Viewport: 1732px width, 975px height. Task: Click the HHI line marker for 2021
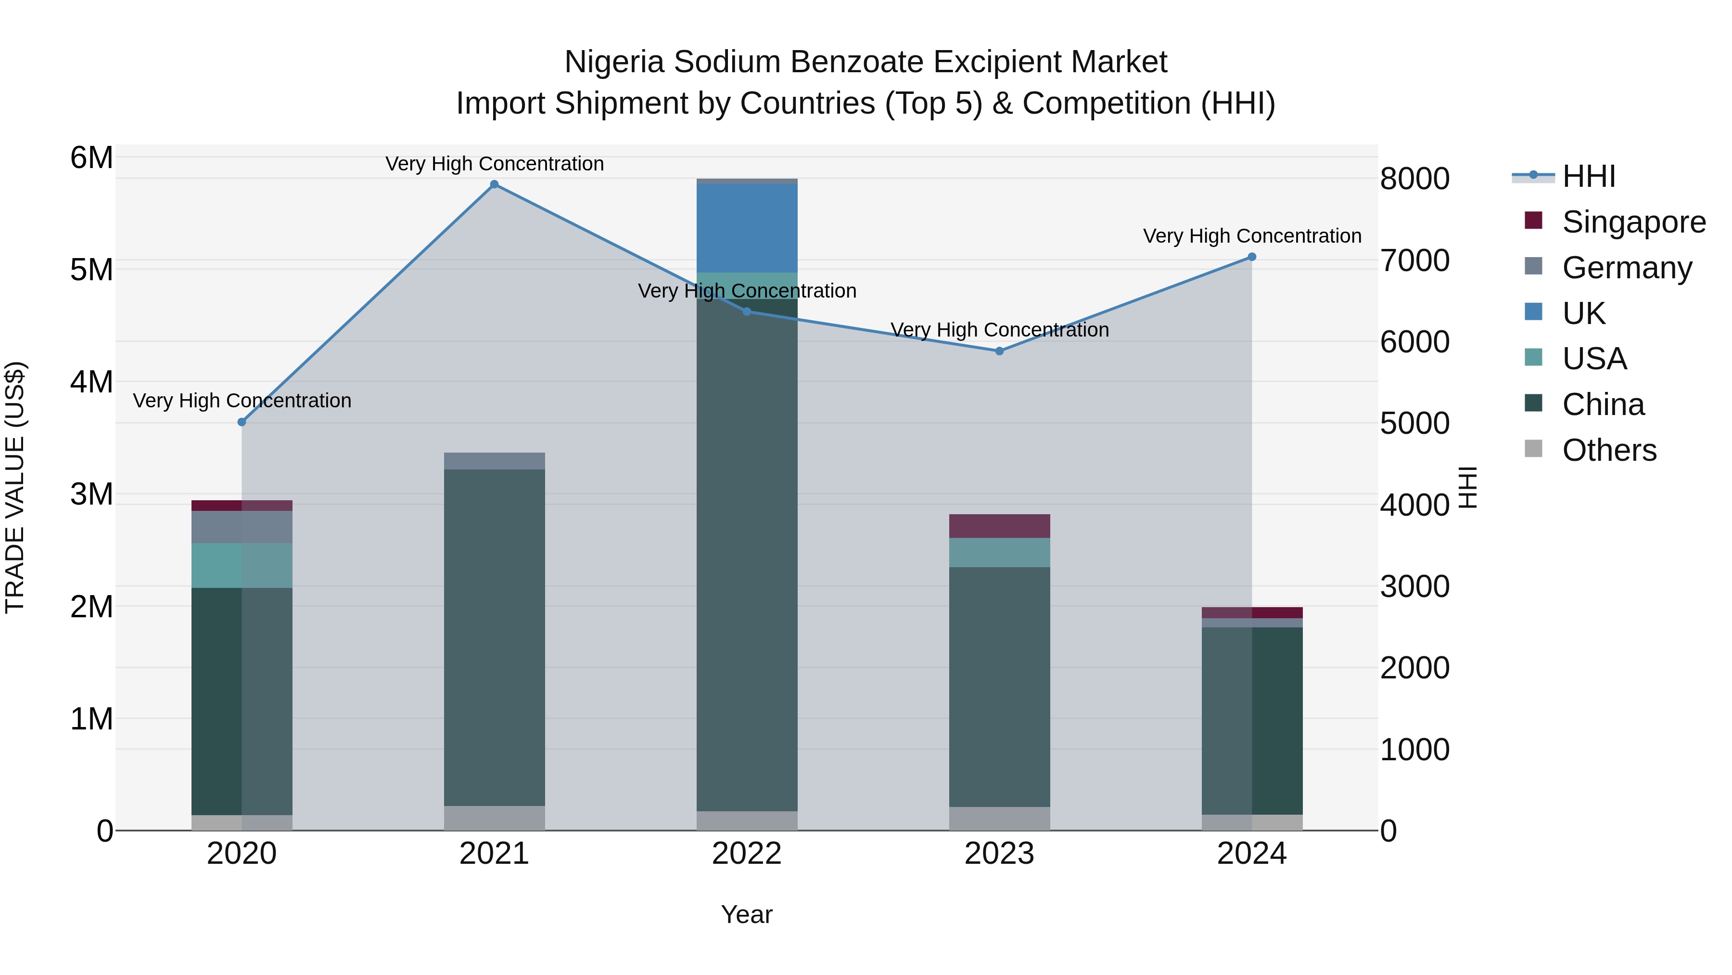(494, 184)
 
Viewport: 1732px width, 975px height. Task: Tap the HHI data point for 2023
(999, 351)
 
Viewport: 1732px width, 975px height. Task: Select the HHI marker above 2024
(1252, 257)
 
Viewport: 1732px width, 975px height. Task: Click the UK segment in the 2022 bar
(747, 229)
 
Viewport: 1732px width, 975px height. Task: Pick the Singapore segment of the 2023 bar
(999, 526)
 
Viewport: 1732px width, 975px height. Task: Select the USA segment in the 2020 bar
(242, 565)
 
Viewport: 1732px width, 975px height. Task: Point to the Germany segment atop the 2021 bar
(494, 461)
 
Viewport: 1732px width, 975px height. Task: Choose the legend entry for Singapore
(1633, 222)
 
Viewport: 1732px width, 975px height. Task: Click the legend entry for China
(1603, 404)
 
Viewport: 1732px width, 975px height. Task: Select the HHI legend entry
(1588, 176)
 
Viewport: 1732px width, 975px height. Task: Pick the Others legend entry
(1609, 450)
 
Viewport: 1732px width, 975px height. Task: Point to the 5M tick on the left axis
(91, 270)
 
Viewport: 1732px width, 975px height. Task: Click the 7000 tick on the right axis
(1414, 260)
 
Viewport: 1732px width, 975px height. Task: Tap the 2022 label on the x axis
(747, 854)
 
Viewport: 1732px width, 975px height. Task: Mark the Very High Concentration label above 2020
(242, 401)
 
